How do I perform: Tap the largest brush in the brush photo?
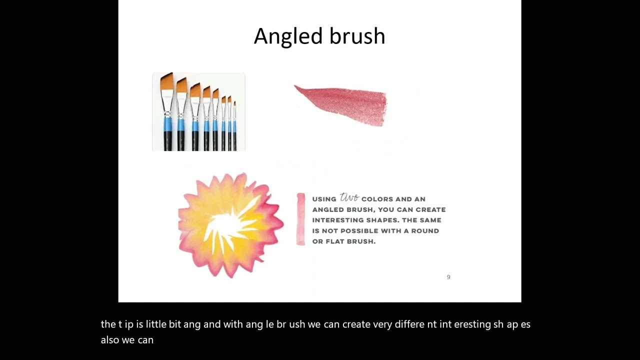tap(167, 112)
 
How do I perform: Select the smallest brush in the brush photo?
tap(234, 125)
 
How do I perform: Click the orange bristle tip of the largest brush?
tap(166, 82)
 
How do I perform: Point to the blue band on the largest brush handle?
tap(167, 124)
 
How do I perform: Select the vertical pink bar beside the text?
tap(300, 219)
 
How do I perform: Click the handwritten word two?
tap(349, 197)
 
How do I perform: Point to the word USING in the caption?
tap(324, 199)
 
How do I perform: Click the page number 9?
tap(448, 277)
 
